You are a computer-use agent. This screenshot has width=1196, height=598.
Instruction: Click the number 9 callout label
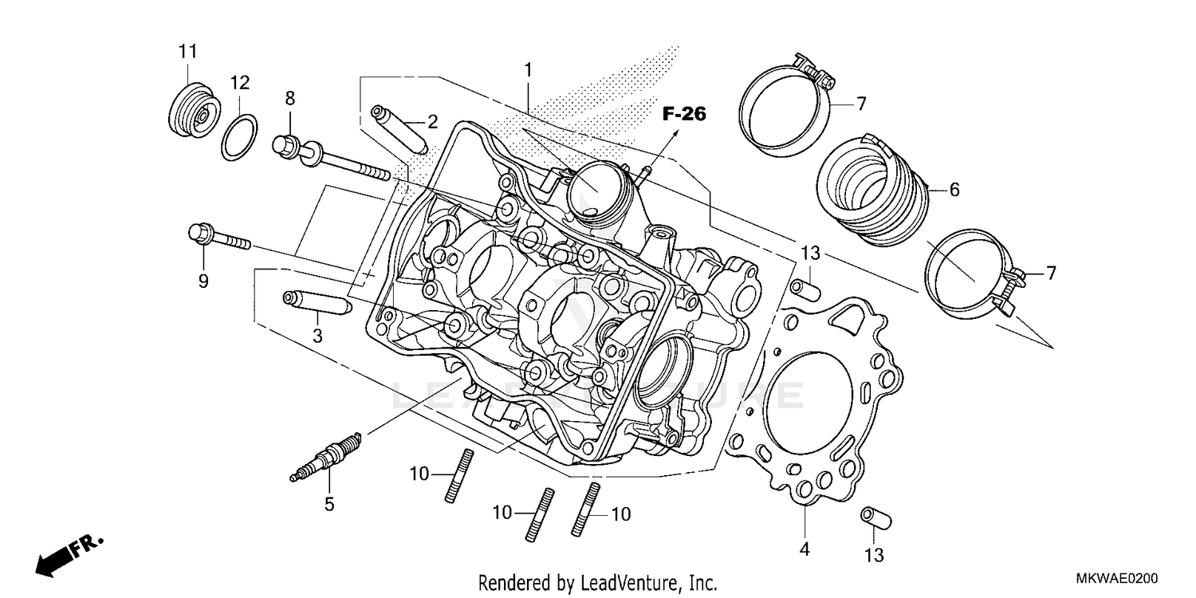click(x=203, y=281)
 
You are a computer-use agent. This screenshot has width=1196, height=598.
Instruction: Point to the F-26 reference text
click(x=683, y=115)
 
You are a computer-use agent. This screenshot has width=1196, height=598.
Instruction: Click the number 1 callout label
click(x=527, y=70)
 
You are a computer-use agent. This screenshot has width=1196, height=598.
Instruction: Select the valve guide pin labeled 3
click(x=317, y=304)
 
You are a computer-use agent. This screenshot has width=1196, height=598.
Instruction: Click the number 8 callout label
click(x=289, y=98)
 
